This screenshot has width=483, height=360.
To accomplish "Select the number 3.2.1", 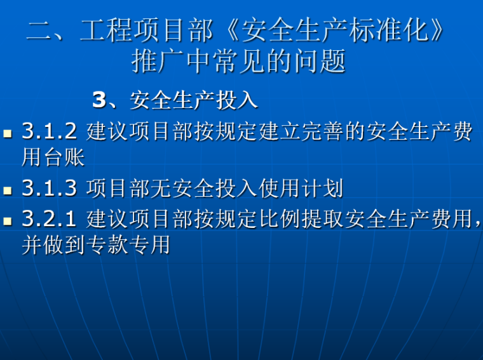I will [49, 219].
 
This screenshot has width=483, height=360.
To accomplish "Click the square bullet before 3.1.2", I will [8, 133].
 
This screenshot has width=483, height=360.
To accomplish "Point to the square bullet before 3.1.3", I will [8, 189].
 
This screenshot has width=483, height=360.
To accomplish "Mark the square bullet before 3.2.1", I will [8, 221].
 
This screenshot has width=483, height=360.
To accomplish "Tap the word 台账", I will [64, 156].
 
